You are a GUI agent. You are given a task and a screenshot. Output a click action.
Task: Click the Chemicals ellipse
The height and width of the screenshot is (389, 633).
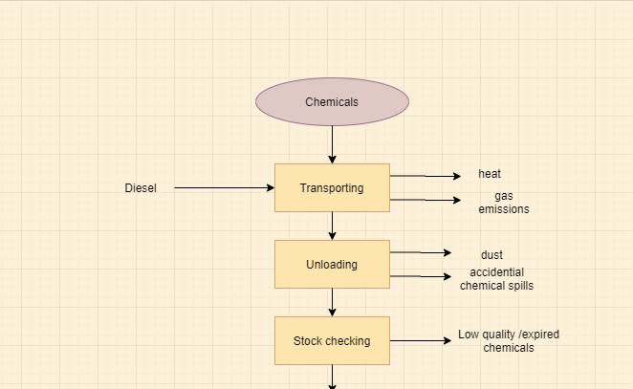[332, 102]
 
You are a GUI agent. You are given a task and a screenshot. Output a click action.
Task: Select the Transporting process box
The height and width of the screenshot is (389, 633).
[332, 188]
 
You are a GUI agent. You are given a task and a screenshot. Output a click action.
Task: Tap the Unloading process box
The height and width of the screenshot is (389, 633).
[332, 265]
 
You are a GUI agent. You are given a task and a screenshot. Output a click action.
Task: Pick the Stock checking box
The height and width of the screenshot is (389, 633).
[332, 341]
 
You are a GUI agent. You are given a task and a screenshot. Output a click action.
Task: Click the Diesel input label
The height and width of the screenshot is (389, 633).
[141, 188]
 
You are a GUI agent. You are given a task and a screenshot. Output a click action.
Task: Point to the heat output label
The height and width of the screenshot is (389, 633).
[490, 174]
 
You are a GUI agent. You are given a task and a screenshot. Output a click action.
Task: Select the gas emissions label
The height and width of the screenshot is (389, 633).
[503, 203]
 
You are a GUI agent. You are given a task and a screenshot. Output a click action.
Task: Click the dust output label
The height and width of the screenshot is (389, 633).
[491, 255]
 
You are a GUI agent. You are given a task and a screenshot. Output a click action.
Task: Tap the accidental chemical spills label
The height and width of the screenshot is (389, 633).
[496, 279]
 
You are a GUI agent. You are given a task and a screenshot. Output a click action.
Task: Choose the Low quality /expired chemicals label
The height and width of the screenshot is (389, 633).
[509, 341]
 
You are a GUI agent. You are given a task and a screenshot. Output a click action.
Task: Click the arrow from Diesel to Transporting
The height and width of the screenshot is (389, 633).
[224, 188]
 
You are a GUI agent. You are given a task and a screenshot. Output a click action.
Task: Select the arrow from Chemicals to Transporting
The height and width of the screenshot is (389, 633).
[332, 144]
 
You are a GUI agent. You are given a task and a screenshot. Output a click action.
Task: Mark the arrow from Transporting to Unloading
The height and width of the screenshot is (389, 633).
[332, 226]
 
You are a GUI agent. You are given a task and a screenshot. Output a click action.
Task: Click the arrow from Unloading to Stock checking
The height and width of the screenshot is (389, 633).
[332, 302]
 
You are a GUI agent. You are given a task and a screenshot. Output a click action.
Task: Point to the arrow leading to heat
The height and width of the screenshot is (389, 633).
[426, 176]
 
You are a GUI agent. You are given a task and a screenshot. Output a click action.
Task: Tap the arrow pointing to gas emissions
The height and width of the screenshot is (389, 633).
[426, 200]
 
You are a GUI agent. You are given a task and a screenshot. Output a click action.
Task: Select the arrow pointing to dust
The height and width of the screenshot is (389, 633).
[421, 252]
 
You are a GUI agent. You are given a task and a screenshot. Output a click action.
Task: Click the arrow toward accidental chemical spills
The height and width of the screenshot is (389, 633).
[421, 276]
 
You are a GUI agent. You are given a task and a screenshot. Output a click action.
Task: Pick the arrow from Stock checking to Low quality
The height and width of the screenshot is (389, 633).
[421, 340]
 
